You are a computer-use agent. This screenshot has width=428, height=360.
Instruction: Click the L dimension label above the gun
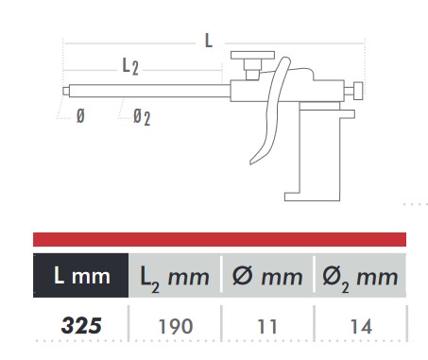[x=209, y=41]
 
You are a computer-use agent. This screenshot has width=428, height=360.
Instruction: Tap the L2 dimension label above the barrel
[x=130, y=67]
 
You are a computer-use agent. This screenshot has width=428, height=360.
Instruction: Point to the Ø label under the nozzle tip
[x=80, y=116]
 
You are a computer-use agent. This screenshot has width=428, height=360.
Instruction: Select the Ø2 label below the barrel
[x=142, y=117]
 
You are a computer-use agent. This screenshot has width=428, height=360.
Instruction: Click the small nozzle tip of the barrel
[x=66, y=91]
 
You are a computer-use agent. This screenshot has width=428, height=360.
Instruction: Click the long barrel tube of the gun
[x=149, y=91]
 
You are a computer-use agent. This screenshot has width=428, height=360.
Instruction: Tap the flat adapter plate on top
[x=252, y=55]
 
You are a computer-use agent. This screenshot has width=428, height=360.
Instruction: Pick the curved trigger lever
[x=270, y=111]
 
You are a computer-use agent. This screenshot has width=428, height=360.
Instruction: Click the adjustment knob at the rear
[x=358, y=91]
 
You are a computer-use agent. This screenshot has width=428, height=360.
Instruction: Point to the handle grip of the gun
[x=319, y=151]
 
